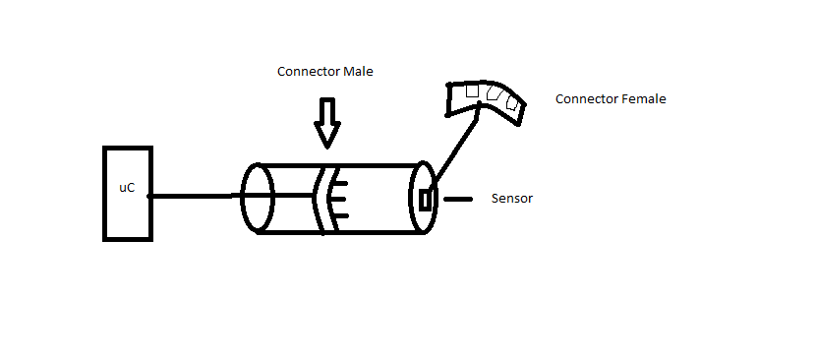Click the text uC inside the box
[x=126, y=187]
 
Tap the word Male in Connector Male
[x=358, y=72]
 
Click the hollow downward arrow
[x=326, y=121]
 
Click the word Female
[x=642, y=99]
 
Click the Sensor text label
[x=511, y=199]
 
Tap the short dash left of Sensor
[x=457, y=199]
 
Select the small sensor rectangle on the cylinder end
[x=426, y=200]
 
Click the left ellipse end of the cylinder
[x=258, y=198]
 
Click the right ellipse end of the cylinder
[x=422, y=198]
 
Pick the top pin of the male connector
[x=337, y=181]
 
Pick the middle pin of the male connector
[x=339, y=197]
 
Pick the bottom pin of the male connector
[x=338, y=212]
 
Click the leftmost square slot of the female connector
[x=472, y=90]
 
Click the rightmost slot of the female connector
[x=510, y=102]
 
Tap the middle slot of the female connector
[x=493, y=94]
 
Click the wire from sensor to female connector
[x=454, y=148]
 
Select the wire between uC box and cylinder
[x=197, y=197]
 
